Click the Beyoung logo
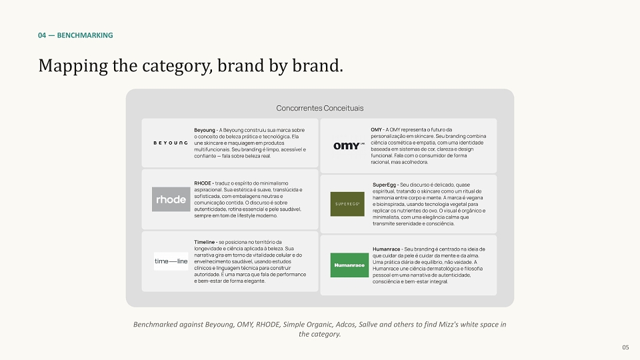171,143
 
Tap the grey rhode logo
171,199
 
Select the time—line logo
171,261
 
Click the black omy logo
349,146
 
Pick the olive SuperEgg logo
347,204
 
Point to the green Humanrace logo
349,265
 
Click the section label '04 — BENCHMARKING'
75,35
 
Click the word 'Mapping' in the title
73,66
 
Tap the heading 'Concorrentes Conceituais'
319,108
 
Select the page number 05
625,347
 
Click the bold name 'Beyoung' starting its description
205,130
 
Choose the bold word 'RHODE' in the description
203,183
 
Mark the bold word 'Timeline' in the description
204,242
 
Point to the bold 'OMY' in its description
376,130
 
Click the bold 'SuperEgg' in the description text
384,185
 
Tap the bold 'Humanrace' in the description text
386,249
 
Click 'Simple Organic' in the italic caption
307,325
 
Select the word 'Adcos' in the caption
345,325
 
